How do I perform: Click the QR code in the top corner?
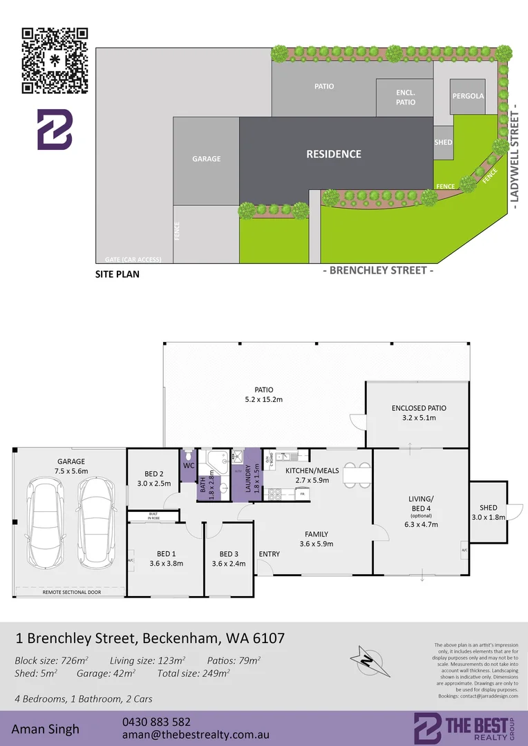(x=56, y=60)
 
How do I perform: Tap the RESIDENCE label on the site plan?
(x=334, y=154)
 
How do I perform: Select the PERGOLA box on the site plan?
(x=468, y=96)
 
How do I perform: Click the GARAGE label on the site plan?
(x=206, y=159)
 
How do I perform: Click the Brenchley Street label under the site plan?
(x=379, y=270)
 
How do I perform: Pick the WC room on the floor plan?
(x=188, y=465)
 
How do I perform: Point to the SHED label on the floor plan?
(x=488, y=508)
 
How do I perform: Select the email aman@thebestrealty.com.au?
(x=196, y=736)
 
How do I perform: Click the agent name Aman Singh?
(x=45, y=729)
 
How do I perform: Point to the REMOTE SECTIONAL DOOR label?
(x=69, y=592)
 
